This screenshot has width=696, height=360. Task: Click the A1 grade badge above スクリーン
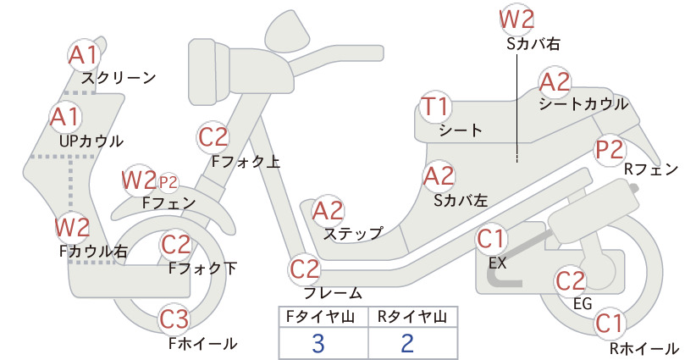point(84,56)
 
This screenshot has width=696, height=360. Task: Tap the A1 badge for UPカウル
point(66,117)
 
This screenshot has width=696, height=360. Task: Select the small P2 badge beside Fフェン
point(168,182)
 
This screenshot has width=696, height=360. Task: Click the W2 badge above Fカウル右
point(72,227)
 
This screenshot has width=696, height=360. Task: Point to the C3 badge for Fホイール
point(174,319)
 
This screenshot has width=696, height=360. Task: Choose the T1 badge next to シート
point(435,108)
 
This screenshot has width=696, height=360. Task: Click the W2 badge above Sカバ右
point(516,19)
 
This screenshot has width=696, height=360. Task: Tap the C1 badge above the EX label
point(491,240)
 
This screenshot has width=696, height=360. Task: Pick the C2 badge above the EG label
point(571,281)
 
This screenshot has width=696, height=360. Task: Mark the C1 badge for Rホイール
point(610,324)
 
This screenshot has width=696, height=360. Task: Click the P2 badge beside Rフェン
point(610,150)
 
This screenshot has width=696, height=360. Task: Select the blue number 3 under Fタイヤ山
point(318,343)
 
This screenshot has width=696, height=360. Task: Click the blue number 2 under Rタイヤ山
point(407,343)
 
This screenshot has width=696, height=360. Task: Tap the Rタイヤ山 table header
point(412,317)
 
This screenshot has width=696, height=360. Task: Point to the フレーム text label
point(333,293)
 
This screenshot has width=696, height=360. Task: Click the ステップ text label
point(353,233)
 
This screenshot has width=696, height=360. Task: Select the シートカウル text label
point(583,104)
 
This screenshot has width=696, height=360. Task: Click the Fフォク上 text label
point(246,162)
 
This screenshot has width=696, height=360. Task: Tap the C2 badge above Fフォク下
point(175,245)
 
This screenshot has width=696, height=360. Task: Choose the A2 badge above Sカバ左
point(439,176)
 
